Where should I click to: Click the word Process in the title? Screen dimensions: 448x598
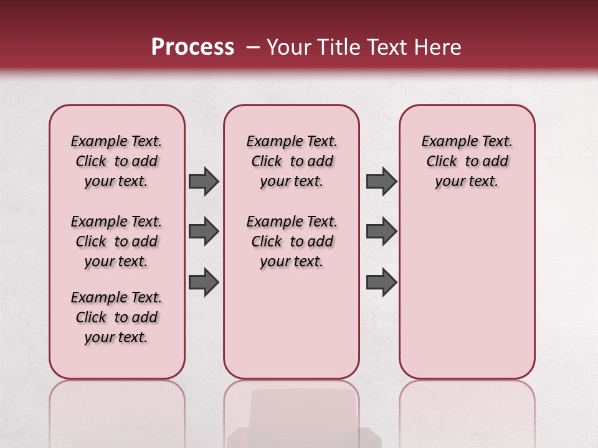192,47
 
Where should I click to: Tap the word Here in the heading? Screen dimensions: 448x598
437,47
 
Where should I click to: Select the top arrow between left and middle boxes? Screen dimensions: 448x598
204,181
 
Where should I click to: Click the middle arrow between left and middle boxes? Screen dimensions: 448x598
204,231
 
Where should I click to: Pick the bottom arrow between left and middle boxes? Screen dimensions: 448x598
204,282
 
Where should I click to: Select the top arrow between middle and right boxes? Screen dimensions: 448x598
381,181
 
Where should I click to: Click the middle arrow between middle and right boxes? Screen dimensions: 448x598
381,231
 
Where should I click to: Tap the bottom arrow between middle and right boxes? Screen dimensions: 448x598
381,282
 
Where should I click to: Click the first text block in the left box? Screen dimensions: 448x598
116,161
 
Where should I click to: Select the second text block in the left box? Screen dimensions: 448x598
116,241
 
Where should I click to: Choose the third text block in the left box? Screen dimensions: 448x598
116,317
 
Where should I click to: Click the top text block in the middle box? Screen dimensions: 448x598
292,161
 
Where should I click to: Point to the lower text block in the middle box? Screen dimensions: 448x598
292,241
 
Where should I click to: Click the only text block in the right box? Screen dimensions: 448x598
467,161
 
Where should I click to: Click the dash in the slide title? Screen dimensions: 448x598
253,47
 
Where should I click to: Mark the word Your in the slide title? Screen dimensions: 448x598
287,47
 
